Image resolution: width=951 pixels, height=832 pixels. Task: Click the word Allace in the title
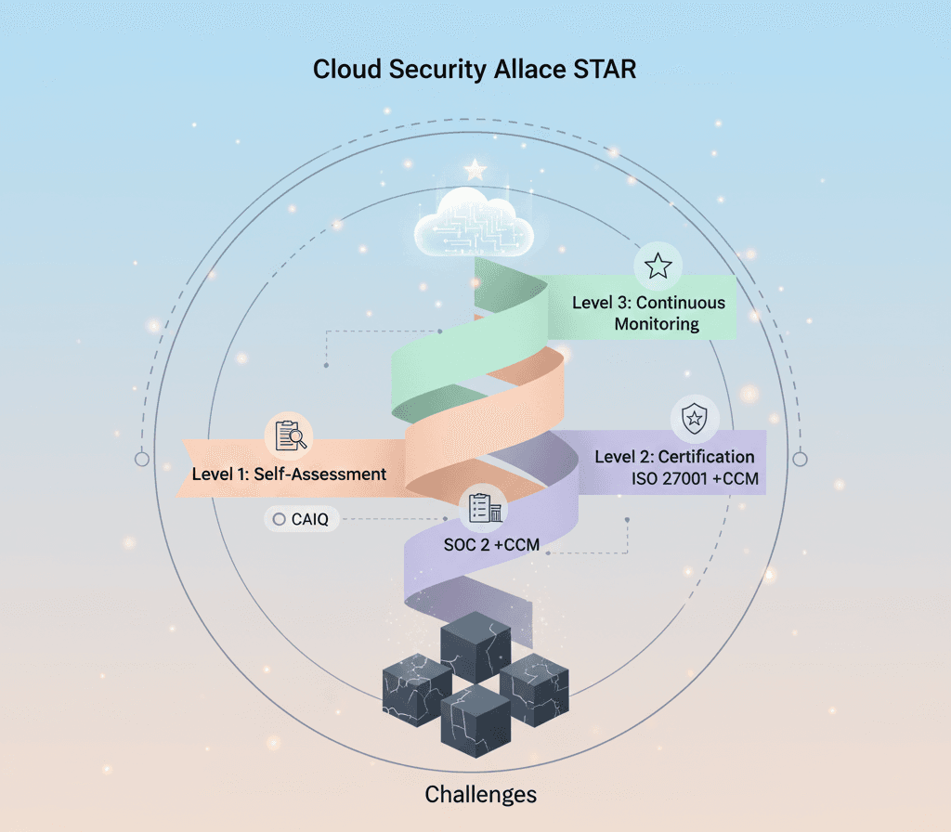tap(527, 70)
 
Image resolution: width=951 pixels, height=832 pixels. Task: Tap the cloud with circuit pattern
tap(475, 224)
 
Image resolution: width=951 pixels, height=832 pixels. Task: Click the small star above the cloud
tap(475, 170)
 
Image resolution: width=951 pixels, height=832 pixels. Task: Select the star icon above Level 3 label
tap(658, 266)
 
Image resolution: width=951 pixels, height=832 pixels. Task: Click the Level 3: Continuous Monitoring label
tap(648, 314)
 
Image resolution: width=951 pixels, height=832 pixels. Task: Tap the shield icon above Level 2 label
tap(694, 421)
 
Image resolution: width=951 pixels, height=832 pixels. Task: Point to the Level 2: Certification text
tap(674, 457)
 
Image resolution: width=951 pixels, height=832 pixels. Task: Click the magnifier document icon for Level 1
tap(290, 435)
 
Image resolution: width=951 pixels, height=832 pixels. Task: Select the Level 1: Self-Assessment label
tap(289, 474)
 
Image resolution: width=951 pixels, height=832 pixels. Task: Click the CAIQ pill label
tap(302, 520)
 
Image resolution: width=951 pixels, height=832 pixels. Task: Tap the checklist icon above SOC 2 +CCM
tap(484, 508)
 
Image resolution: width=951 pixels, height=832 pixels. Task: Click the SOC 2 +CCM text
tap(491, 544)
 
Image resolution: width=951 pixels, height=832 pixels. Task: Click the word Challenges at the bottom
tap(480, 795)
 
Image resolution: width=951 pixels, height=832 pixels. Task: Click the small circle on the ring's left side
tap(141, 459)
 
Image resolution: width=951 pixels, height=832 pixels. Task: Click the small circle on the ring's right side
tap(800, 459)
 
